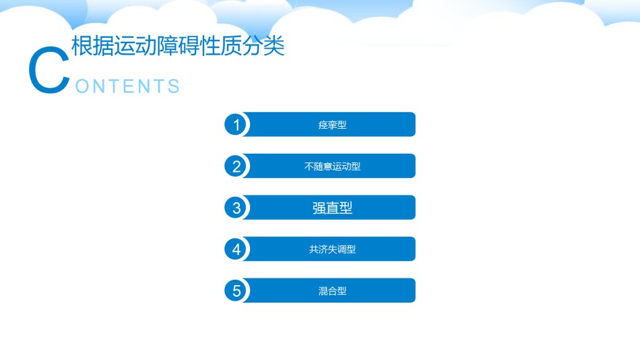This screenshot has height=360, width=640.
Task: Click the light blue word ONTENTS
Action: (127, 86)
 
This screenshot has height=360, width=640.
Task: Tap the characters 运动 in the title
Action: (135, 45)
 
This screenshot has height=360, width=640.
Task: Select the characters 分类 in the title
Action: (263, 45)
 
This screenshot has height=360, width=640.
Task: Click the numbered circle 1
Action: (236, 125)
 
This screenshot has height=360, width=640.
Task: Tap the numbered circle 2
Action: (236, 167)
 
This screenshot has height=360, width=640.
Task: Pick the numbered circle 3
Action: (236, 208)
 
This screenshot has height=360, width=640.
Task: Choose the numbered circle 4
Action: (236, 249)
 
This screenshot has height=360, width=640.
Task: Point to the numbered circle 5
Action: (236, 291)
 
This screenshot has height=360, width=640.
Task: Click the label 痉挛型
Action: (332, 125)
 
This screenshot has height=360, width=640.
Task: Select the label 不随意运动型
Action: (332, 167)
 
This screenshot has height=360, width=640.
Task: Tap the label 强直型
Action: (332, 208)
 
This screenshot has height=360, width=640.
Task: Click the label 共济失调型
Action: (332, 249)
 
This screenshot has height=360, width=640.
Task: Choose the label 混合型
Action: (332, 291)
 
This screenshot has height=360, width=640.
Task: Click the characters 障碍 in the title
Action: (178, 45)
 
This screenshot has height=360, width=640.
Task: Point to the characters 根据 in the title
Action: (93, 45)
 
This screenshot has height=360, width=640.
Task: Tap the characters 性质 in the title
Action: (221, 45)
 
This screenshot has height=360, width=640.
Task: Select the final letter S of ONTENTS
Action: (174, 86)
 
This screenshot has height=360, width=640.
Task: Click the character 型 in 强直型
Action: (346, 208)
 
